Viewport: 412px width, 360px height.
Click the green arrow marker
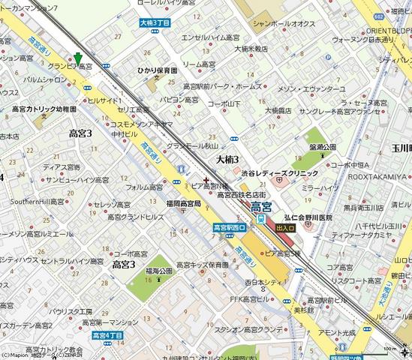(x=78, y=58)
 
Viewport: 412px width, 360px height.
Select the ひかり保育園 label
(x=156, y=67)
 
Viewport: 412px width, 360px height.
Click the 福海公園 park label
(x=159, y=270)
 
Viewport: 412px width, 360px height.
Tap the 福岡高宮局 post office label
(x=182, y=203)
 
